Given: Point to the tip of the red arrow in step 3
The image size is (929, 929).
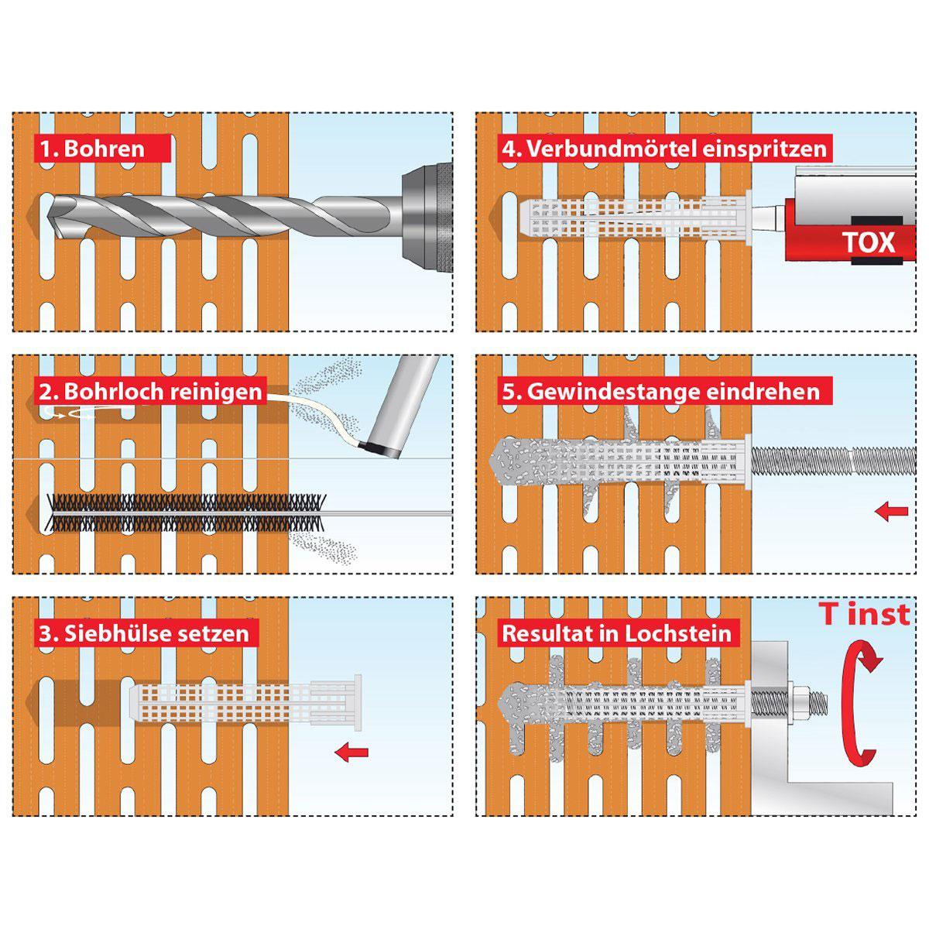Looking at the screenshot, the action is (x=335, y=752).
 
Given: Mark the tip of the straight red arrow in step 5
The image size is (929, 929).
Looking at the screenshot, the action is (x=875, y=512).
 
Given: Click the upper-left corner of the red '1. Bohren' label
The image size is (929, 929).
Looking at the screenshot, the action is (x=34, y=135).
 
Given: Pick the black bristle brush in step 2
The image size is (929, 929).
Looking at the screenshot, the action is (x=185, y=512).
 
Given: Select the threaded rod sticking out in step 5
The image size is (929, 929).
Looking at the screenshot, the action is (x=834, y=461).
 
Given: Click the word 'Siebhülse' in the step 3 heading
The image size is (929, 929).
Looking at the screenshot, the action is (x=113, y=633).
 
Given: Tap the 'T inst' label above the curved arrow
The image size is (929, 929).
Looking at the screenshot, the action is (x=865, y=614).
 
